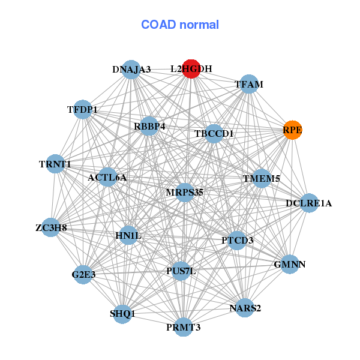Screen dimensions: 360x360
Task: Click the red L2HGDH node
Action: click(191, 69)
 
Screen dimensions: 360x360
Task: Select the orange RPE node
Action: click(292, 130)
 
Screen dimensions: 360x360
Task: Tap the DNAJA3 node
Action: click(131, 70)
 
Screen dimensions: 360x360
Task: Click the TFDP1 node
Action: click(83, 110)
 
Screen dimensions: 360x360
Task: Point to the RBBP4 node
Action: click(149, 127)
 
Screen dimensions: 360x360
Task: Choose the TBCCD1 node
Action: click(214, 133)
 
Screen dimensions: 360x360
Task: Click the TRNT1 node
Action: click(55, 164)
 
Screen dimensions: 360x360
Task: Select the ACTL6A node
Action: click(107, 178)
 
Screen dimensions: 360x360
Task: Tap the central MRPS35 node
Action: click(185, 193)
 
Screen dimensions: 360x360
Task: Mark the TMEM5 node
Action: click(262, 179)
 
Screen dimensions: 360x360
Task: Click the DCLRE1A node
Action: click(308, 203)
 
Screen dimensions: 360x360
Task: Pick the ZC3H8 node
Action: click(51, 227)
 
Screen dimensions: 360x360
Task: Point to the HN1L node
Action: click(128, 236)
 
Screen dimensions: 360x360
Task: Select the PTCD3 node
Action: click(238, 241)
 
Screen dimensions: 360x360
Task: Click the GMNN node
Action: click(290, 264)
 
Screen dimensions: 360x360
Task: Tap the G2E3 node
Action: click(83, 275)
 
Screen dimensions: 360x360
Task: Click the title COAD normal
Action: click(180, 25)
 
